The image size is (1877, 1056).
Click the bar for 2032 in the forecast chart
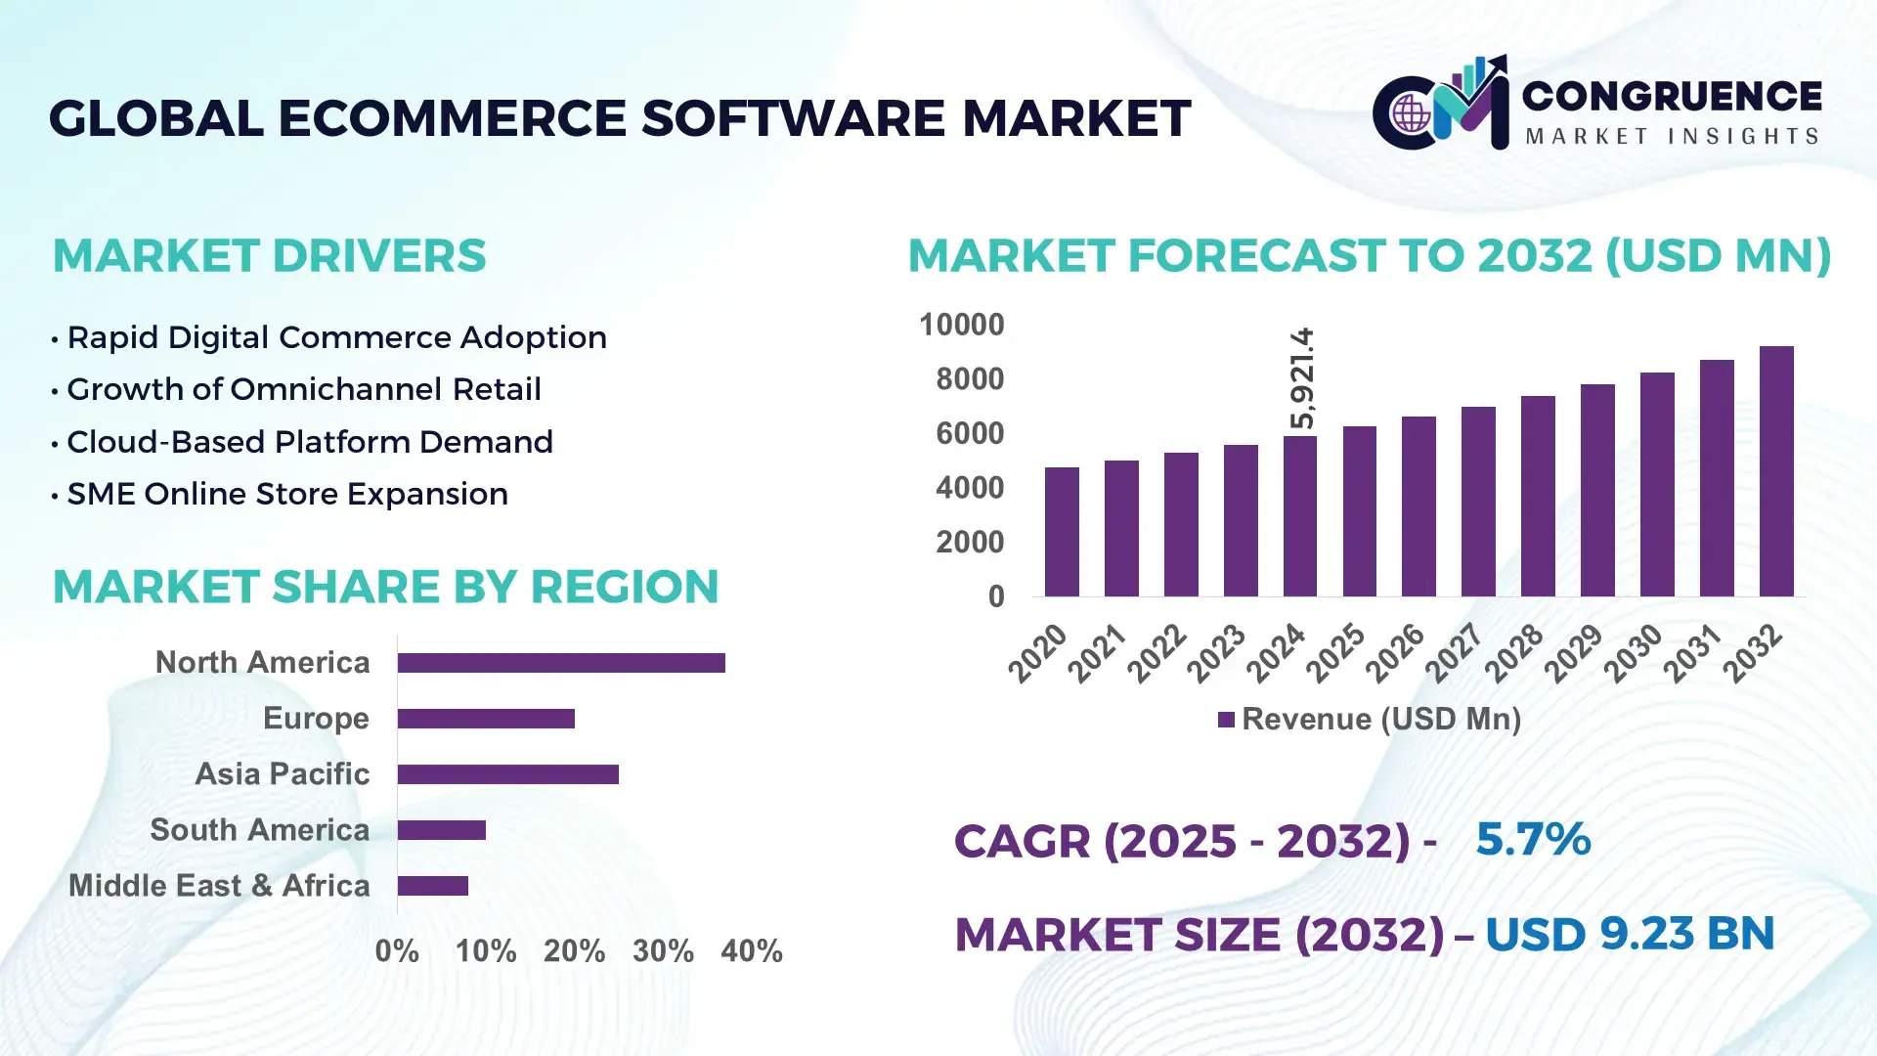pos(1776,471)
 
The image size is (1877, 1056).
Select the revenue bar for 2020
pos(1062,532)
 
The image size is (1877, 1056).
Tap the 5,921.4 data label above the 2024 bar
pos(1302,378)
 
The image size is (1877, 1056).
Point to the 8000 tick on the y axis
pos(969,378)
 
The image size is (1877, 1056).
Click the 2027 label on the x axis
pos(1454,652)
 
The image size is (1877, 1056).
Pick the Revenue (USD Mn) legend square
pos(1226,720)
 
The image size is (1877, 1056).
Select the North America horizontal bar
pos(561,663)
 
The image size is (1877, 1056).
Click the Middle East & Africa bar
pos(433,886)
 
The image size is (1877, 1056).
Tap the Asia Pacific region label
pos(282,773)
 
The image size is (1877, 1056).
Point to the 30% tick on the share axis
pos(663,950)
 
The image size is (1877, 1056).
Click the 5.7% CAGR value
pos(1532,839)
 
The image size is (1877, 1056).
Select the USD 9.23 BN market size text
pos(1629,934)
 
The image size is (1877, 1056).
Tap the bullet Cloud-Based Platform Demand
pos(309,442)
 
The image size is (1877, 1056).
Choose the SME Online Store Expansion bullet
pos(286,494)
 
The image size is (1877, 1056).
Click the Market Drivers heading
pos(269,256)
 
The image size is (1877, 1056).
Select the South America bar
pos(442,830)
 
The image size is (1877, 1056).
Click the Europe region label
pos(316,718)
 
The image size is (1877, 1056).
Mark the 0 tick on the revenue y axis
pos(995,596)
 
